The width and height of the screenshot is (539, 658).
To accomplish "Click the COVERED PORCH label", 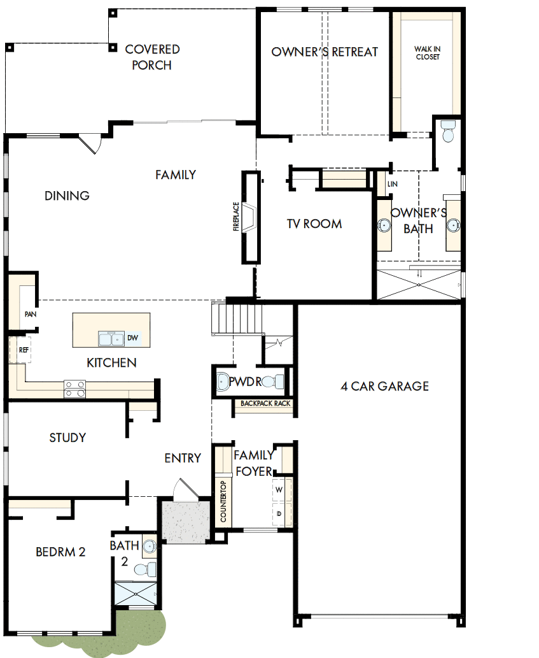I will pos(152,57).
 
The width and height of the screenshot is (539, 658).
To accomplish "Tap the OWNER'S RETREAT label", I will pos(325,52).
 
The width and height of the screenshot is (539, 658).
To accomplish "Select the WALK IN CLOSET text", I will pos(427,53).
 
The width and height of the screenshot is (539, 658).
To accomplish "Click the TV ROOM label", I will pos(314,224).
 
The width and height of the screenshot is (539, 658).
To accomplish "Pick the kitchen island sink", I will pos(111,338).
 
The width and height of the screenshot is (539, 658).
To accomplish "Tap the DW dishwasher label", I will pos(132,338).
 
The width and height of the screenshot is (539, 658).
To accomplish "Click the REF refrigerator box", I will pos(23,350).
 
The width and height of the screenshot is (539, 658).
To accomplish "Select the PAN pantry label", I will pos(29,314).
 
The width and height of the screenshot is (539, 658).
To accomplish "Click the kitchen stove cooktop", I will pos(74,389).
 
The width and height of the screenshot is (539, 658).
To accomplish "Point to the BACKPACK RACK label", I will pos(265,403).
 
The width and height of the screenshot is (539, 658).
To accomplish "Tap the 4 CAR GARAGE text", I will pos(384,386).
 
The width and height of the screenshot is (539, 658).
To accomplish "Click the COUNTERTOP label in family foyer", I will pos(223,502).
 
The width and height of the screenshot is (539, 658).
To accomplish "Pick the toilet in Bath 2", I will pos(148,568).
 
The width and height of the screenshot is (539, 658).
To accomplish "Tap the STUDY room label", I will pos(67,438).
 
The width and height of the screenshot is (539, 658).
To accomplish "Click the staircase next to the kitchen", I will pos(237,318).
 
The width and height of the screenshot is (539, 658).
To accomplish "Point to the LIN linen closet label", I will pos(392,184).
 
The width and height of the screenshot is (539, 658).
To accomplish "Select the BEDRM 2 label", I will pos(60,552).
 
